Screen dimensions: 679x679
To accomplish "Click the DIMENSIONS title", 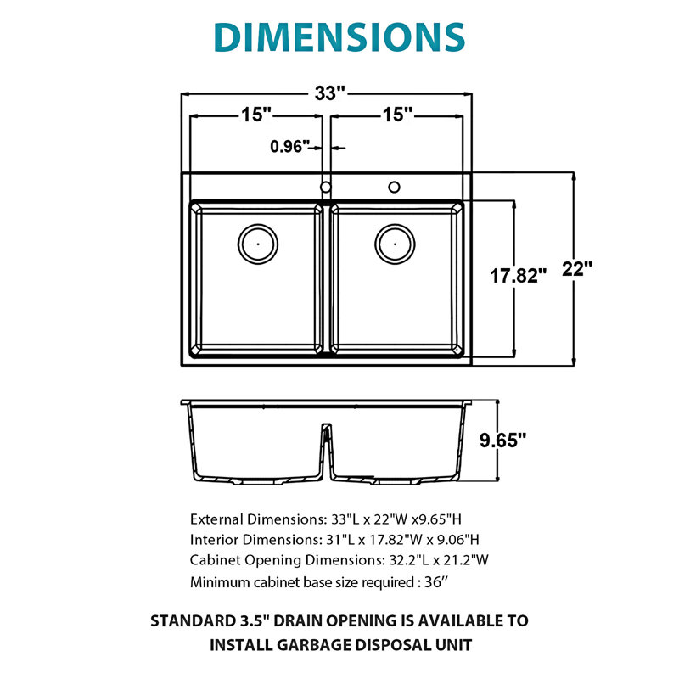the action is coord(339,36).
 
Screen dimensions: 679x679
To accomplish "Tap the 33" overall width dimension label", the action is coord(330,93).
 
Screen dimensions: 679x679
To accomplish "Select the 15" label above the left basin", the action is coord(256,115).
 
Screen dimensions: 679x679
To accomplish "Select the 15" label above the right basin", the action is coord(397,115).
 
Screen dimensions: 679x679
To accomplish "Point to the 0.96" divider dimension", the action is coord(290,146).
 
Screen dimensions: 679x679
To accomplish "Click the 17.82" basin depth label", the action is coord(518,276).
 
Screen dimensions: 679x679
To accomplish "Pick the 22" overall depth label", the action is coord(577,269).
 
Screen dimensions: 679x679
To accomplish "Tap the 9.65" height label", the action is coord(502,440).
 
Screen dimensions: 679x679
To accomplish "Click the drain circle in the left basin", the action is coord(258,244).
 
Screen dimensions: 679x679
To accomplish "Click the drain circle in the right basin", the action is coord(395,244).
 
